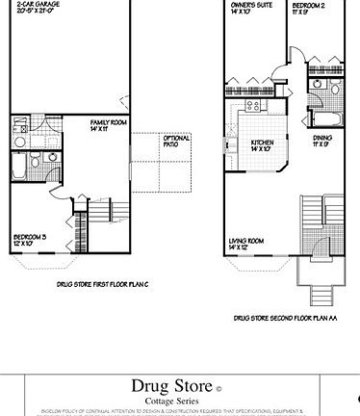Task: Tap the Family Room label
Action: point(105,123)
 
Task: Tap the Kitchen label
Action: point(263,142)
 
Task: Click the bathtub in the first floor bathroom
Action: point(22,167)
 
